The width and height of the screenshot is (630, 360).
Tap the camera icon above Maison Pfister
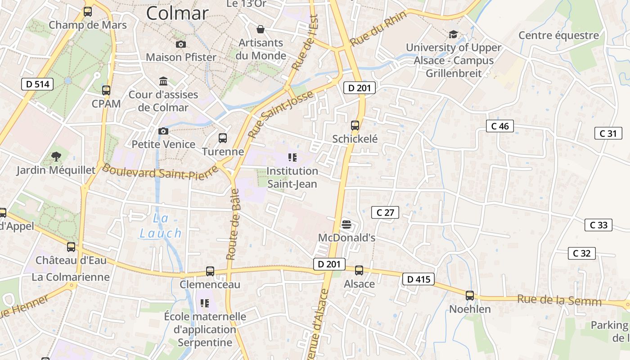click(181, 44)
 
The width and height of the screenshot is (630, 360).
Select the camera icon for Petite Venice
click(163, 131)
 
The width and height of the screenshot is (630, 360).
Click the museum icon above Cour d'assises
click(163, 81)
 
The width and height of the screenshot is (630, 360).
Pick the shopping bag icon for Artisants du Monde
click(261, 30)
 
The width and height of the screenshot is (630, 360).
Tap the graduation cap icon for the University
click(453, 34)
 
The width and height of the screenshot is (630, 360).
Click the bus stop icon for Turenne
click(223, 138)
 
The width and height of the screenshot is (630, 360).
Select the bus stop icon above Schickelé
click(355, 126)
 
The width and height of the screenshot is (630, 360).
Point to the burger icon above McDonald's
click(346, 224)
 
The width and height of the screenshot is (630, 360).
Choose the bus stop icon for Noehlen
click(470, 296)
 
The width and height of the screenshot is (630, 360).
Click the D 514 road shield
click(37, 84)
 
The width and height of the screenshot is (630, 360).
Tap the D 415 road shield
click(418, 279)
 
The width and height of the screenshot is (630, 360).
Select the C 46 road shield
click(500, 126)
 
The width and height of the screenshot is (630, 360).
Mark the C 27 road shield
click(385, 212)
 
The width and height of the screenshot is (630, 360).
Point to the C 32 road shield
click(581, 253)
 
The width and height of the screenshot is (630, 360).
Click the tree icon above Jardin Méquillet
click(56, 157)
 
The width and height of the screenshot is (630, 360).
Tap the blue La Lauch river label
click(161, 226)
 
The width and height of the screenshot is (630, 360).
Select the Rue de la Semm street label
click(559, 300)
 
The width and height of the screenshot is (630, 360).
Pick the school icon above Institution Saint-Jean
click(292, 157)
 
